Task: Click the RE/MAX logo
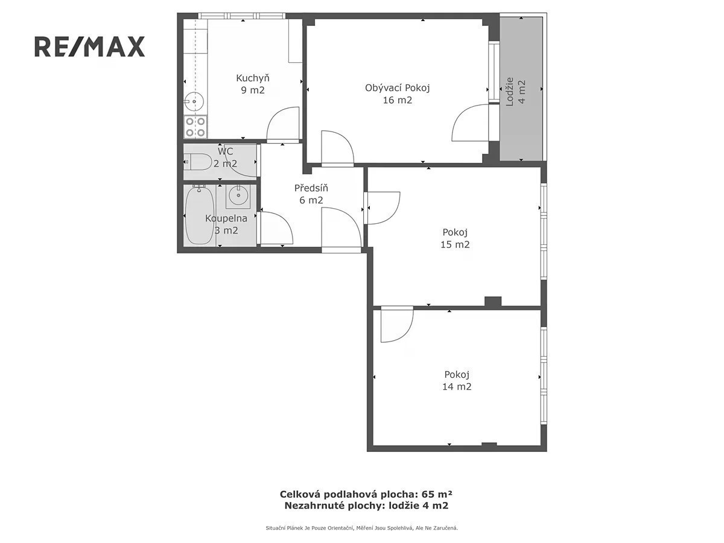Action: coord(89,46)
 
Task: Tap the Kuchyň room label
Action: coord(253,84)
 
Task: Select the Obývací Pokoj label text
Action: coord(397,94)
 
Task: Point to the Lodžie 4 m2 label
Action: coord(515,92)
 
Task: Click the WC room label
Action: coord(225,157)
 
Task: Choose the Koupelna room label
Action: coord(226,224)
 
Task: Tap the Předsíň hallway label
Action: coord(311,194)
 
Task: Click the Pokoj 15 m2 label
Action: coord(455,238)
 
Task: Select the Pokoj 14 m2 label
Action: coord(457,381)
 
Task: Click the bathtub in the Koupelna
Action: coord(199,215)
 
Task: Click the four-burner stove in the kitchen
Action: coord(195,127)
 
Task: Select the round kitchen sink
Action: coord(194,101)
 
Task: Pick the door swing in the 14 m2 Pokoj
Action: coord(397,325)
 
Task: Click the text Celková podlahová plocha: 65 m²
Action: coord(366,494)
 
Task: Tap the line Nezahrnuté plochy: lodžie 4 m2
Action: coord(366,506)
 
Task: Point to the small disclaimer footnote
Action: coord(362,528)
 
